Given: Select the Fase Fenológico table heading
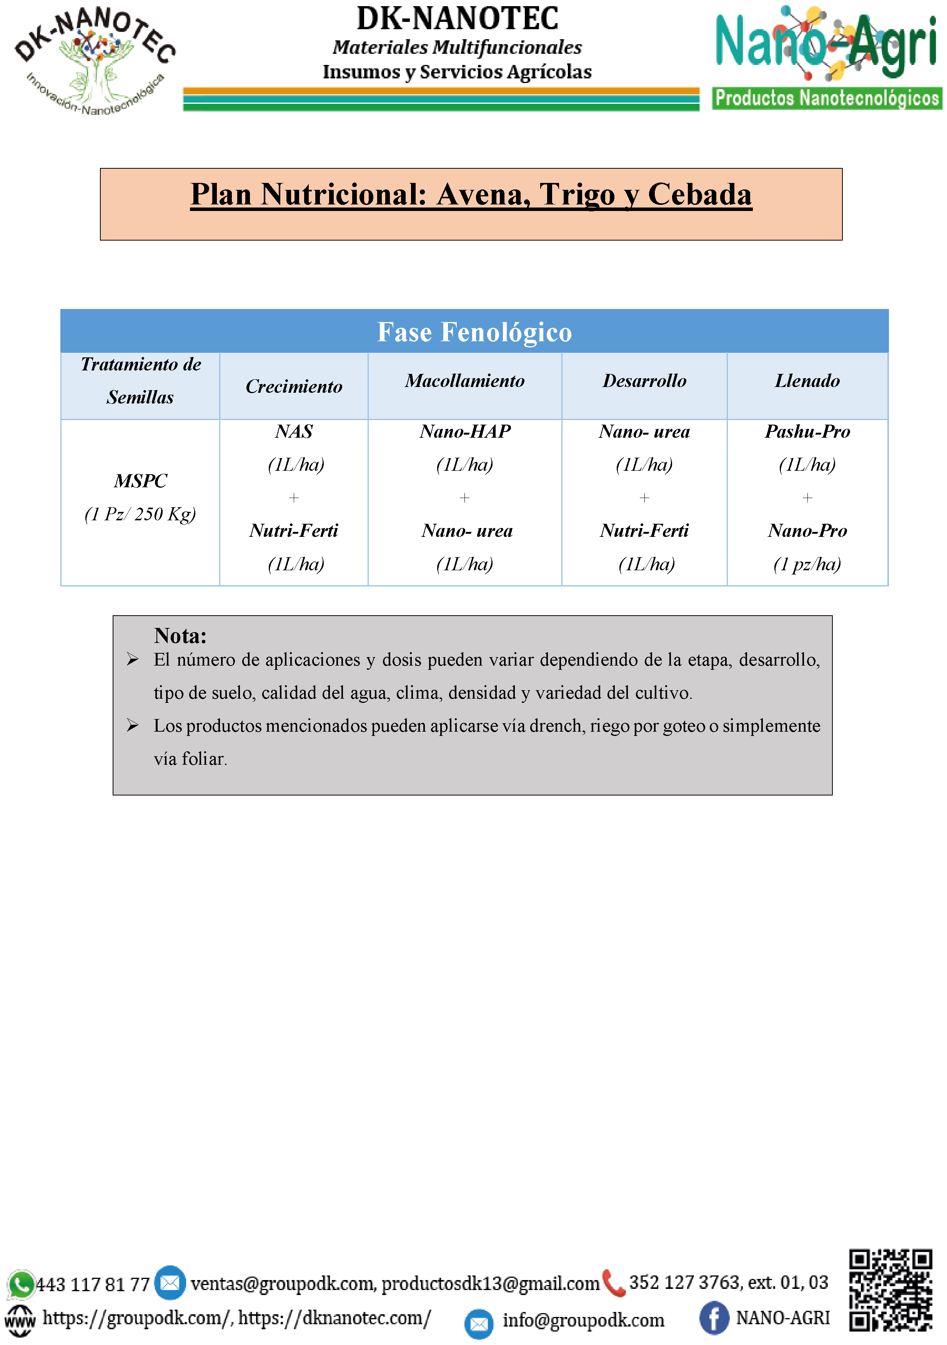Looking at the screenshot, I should click(x=474, y=332).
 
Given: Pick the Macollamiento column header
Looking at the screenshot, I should click(x=465, y=381).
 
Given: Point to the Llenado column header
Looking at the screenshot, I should click(x=807, y=381).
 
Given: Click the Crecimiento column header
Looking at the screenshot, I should click(x=294, y=387).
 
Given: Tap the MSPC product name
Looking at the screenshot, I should click(x=141, y=481).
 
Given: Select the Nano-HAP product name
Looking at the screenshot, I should click(x=465, y=432).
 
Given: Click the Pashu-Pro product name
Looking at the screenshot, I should click(x=807, y=432).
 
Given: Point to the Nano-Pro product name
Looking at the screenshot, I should click(x=807, y=531).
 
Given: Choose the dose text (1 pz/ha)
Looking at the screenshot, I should click(x=807, y=564).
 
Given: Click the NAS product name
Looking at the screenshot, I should click(x=294, y=432).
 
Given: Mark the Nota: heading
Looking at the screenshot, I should click(x=180, y=636).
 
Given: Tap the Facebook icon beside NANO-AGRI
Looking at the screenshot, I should click(x=714, y=1318).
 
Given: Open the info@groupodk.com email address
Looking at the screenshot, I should click(x=583, y=1320).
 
